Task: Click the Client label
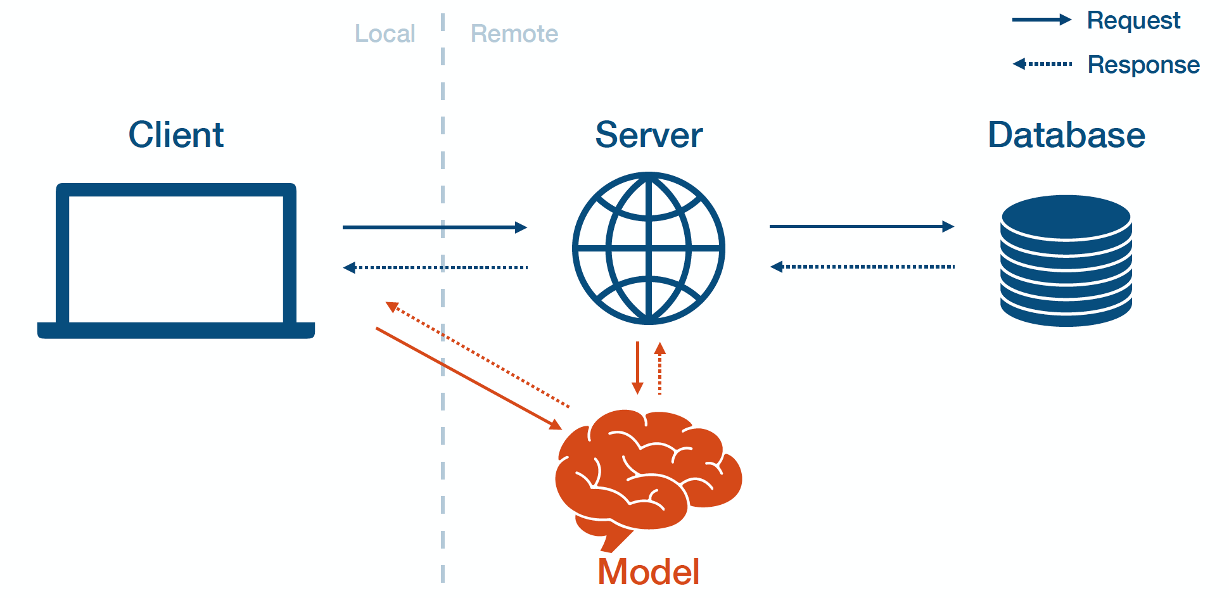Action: click(x=176, y=134)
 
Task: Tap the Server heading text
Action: click(x=649, y=134)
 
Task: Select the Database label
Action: click(x=1067, y=134)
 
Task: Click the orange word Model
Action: click(x=649, y=571)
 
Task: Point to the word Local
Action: click(x=385, y=34)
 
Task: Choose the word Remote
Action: click(x=514, y=34)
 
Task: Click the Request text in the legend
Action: click(x=1133, y=20)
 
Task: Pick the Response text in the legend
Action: click(x=1143, y=65)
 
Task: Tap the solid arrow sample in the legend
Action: click(x=1041, y=20)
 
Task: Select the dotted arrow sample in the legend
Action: click(x=1043, y=64)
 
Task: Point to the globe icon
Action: click(x=649, y=248)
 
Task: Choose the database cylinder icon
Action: click(x=1066, y=261)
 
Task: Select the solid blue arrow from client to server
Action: click(x=435, y=227)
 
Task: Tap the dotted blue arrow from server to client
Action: click(x=435, y=267)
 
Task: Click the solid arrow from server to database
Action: click(x=862, y=226)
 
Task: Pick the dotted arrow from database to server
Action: click(x=862, y=267)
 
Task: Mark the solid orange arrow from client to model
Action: click(x=469, y=379)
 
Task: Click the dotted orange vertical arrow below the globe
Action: click(x=659, y=369)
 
